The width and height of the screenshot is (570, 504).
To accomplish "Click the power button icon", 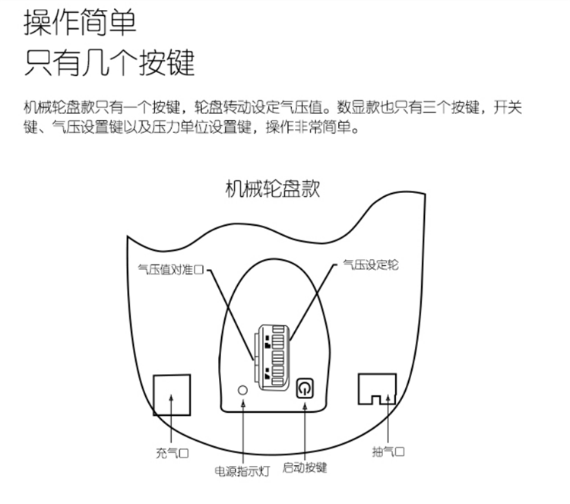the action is tap(305, 388).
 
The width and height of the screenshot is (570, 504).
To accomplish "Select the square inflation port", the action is tap(171, 393).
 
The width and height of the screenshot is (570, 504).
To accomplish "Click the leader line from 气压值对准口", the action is tap(232, 312).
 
